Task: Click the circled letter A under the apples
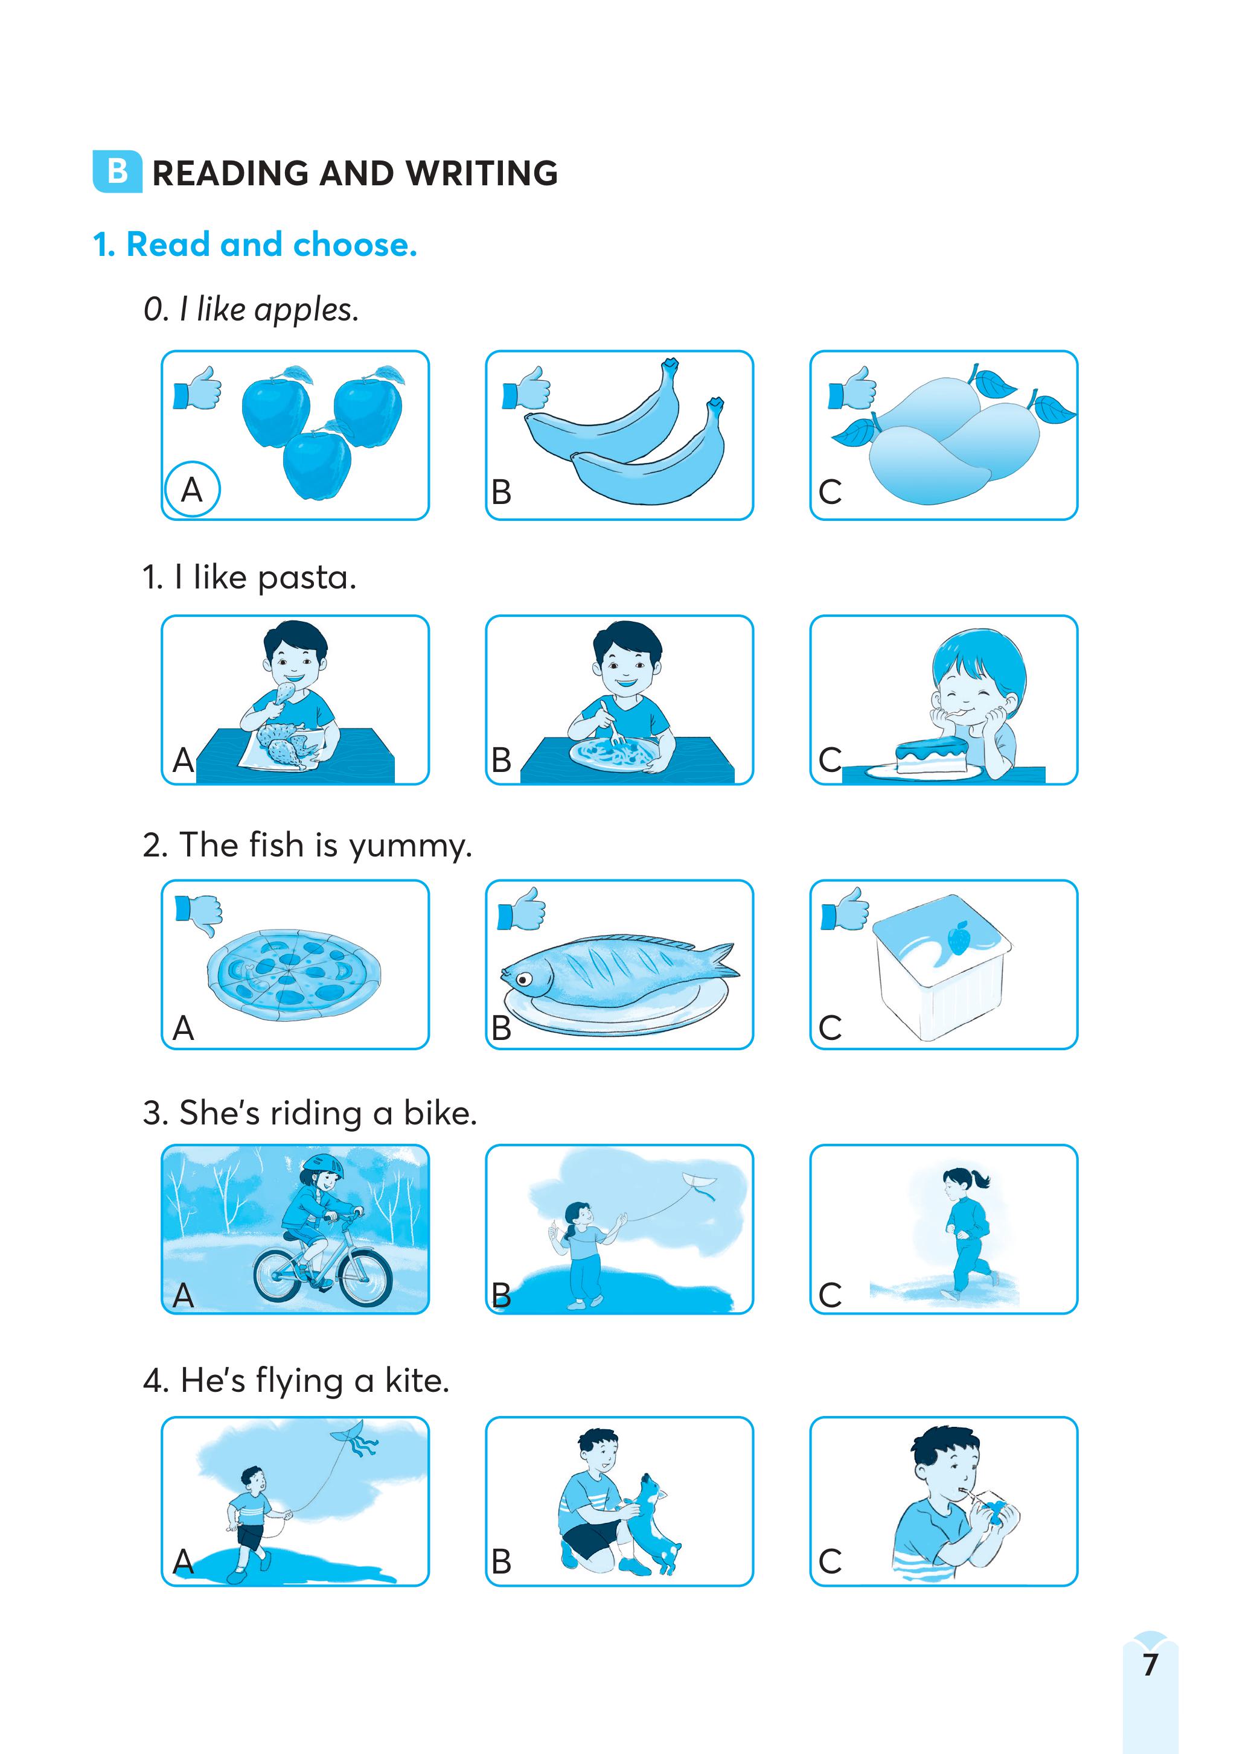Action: (x=192, y=489)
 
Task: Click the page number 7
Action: (x=1150, y=1664)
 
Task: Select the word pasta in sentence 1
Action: (x=307, y=578)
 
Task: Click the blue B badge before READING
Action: (x=117, y=172)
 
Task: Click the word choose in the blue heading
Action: (x=356, y=244)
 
